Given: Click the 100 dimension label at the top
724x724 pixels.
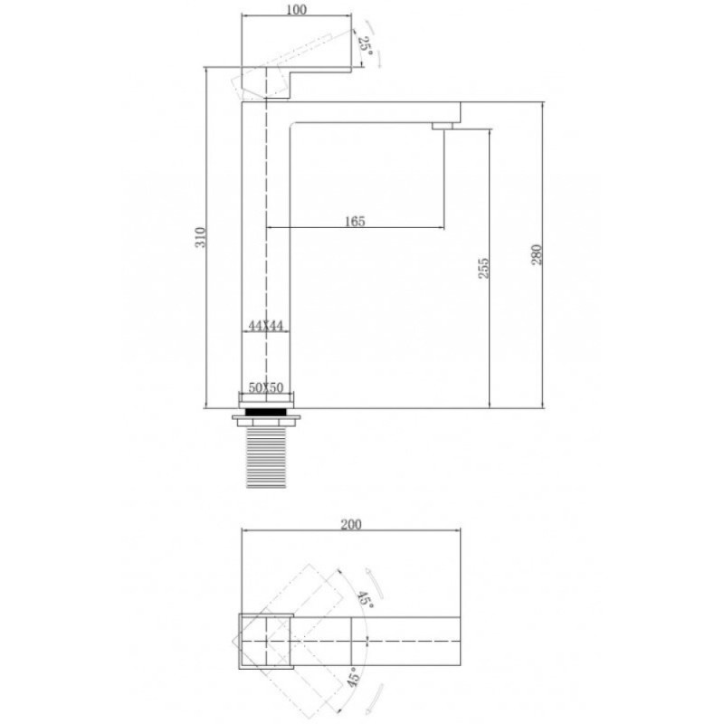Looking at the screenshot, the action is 297,10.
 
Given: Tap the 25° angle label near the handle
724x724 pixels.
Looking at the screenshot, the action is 366,45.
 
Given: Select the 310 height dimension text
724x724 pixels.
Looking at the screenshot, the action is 200,237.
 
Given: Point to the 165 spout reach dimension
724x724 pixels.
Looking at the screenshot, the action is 355,222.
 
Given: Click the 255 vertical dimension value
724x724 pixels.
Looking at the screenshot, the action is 483,268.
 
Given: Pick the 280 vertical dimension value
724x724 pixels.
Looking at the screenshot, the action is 537,254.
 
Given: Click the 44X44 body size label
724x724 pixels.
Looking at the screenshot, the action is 265,326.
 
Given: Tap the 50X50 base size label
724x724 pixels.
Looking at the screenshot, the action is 266,387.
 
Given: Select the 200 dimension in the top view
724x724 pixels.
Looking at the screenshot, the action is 351,525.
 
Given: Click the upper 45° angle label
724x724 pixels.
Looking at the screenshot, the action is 365,599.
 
